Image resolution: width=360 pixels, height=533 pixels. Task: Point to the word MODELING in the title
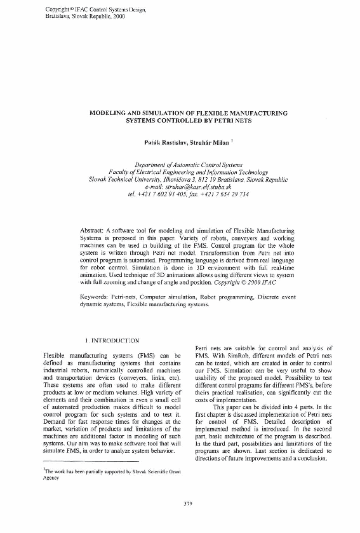[111, 112]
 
